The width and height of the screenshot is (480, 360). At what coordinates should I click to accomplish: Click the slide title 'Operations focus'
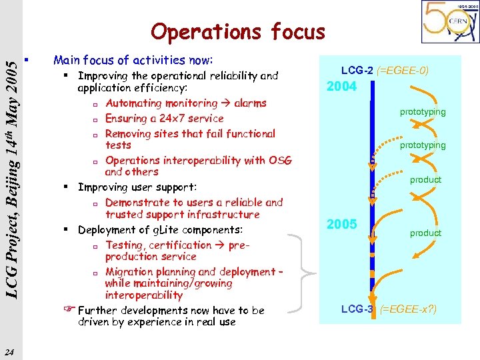tap(238, 31)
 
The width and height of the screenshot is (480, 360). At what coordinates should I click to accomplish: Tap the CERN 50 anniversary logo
tap(449, 22)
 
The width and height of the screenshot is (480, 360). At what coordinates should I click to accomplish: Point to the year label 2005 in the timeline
tap(341, 225)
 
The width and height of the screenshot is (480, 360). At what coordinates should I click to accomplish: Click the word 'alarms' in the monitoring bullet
tap(250, 103)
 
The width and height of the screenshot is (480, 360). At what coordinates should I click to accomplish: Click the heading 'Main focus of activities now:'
tap(133, 60)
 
